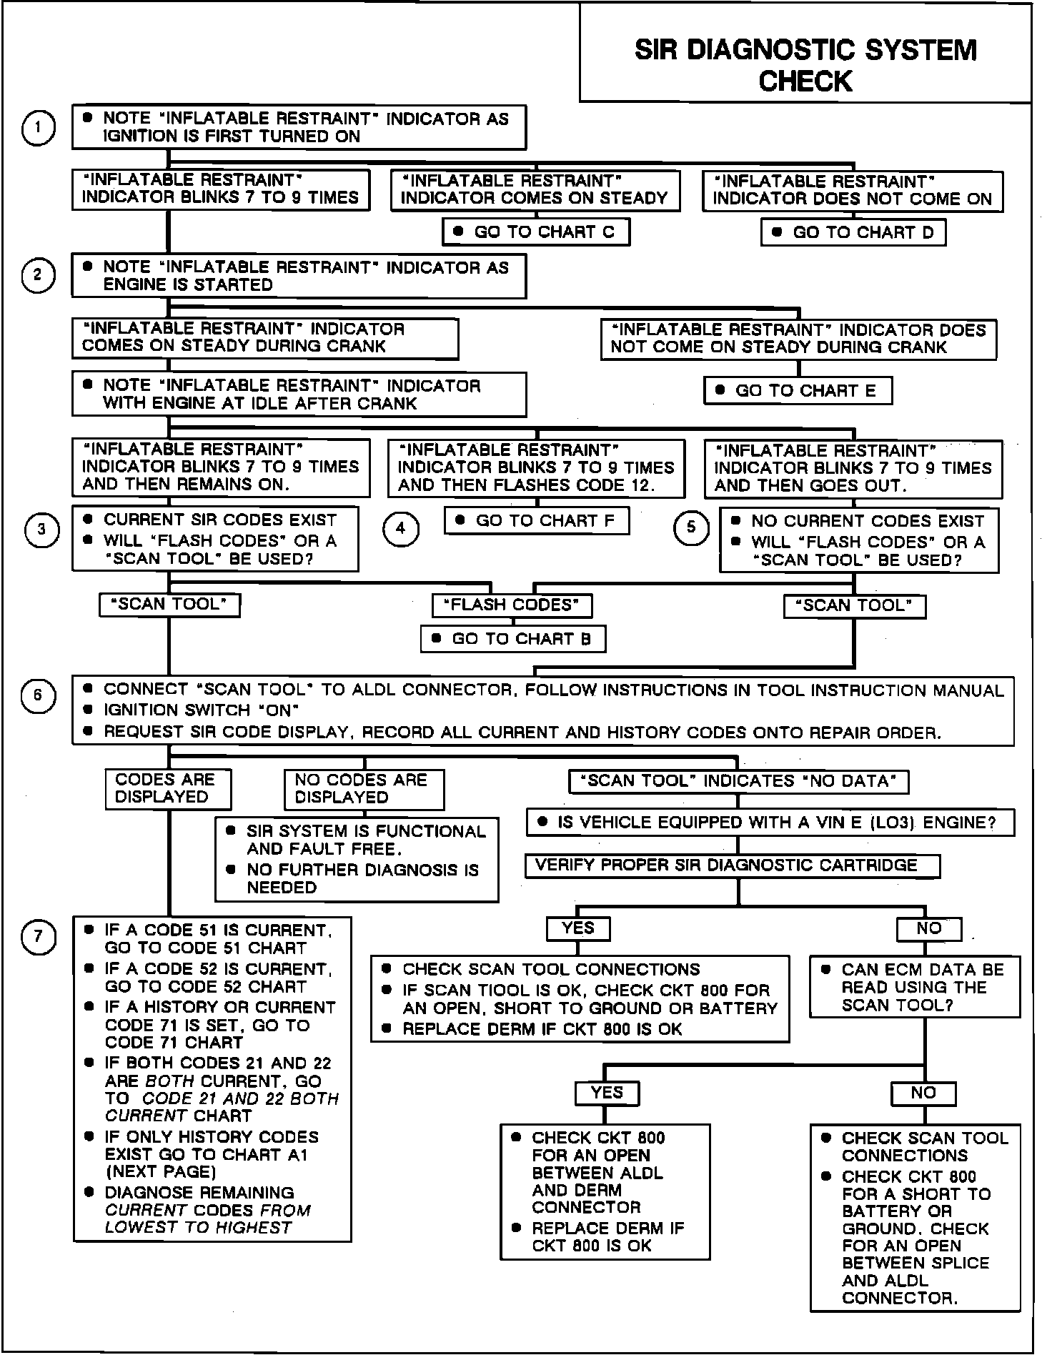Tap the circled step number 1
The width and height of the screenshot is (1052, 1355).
[x=38, y=129]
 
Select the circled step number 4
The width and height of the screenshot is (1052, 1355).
[x=400, y=529]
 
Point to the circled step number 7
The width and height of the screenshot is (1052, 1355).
[x=38, y=937]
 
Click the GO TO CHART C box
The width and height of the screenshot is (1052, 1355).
[x=536, y=232]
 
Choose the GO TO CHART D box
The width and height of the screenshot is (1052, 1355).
[x=854, y=233]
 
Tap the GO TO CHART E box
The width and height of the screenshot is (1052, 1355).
[x=798, y=391]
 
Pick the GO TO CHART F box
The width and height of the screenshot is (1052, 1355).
[x=537, y=521]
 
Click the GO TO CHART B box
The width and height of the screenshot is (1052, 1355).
[x=513, y=639]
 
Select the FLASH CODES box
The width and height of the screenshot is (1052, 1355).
[x=512, y=605]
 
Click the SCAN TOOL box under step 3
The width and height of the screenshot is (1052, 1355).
[x=169, y=605]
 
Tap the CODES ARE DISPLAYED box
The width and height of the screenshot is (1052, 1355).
[x=168, y=788]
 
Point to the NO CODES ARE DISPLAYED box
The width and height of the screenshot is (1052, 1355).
[x=363, y=789]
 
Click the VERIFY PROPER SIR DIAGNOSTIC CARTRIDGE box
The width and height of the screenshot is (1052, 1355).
[x=733, y=865]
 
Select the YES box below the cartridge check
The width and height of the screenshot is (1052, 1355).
[x=577, y=928]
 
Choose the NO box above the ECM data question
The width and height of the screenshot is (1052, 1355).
[x=928, y=929]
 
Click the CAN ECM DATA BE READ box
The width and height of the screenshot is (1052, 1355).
[x=915, y=988]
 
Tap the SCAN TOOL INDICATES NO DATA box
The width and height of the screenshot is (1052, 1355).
[x=738, y=781]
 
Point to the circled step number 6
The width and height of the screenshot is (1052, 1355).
[x=38, y=696]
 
